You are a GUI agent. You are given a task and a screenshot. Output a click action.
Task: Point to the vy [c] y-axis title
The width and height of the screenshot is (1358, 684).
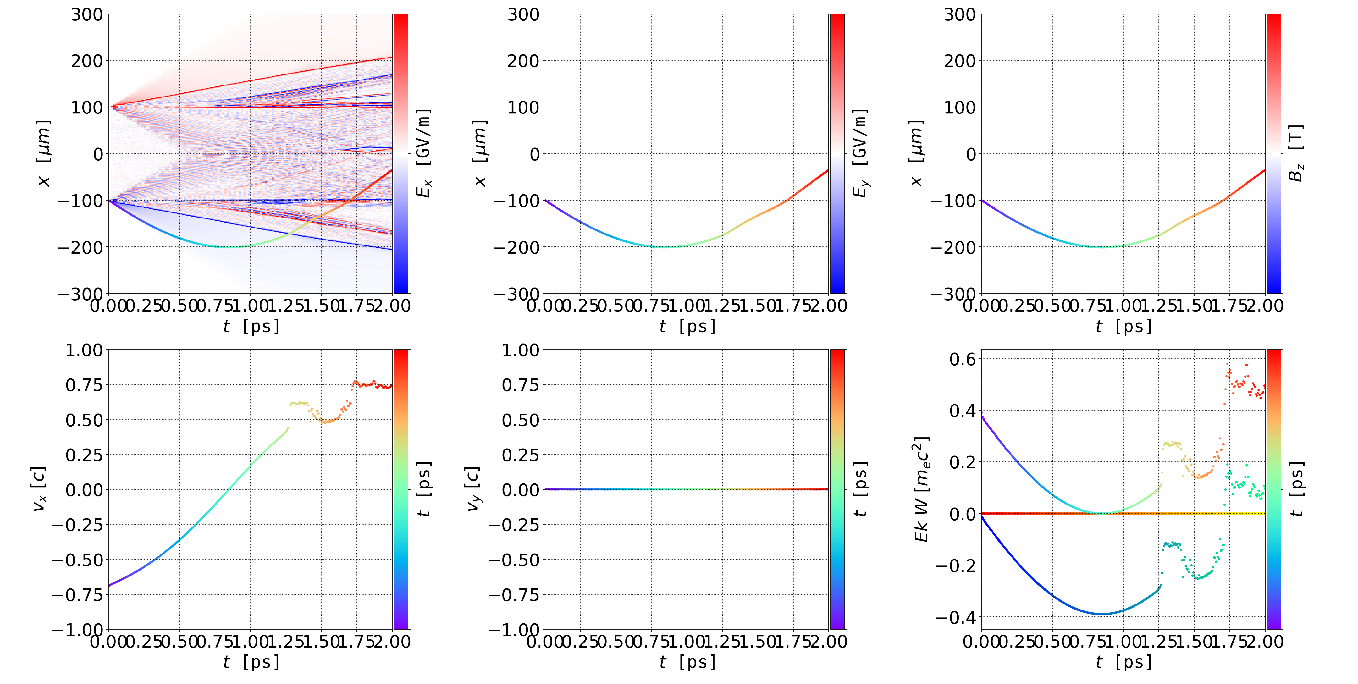coord(474,489)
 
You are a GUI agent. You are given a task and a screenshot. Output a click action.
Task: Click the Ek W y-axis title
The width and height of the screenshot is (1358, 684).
coord(921,489)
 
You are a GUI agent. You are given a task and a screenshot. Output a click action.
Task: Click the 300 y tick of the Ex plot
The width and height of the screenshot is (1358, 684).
coord(87,15)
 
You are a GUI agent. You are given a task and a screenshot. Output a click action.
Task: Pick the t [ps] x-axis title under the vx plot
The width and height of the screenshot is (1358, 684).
coord(251,662)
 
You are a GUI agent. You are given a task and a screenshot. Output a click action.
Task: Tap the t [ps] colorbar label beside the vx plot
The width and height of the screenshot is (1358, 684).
coord(424,489)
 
